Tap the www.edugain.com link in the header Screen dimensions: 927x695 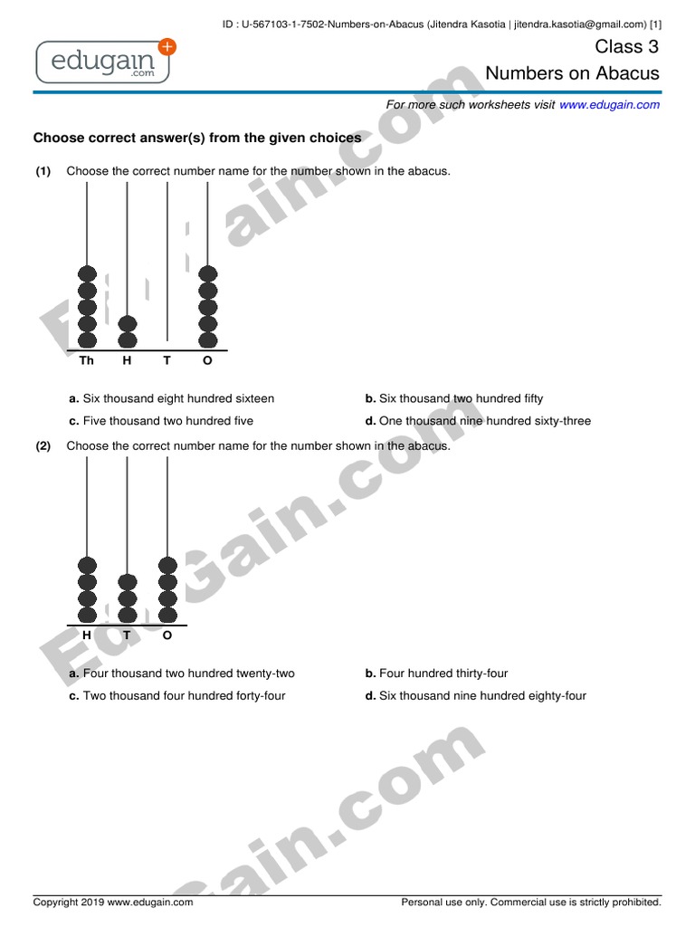click(x=609, y=105)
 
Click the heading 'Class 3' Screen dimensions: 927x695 click(x=626, y=48)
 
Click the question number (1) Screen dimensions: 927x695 click(x=43, y=171)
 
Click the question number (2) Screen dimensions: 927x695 click(x=43, y=446)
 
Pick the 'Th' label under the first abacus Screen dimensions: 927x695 click(x=87, y=361)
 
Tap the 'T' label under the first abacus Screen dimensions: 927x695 click(x=167, y=361)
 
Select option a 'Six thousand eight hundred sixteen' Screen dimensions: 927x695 click(x=172, y=398)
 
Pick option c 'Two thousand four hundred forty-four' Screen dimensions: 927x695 click(x=176, y=696)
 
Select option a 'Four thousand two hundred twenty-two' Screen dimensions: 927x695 click(x=182, y=674)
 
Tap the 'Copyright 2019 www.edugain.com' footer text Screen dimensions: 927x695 click(x=113, y=903)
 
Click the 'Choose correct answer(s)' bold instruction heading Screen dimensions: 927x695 click(x=197, y=139)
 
